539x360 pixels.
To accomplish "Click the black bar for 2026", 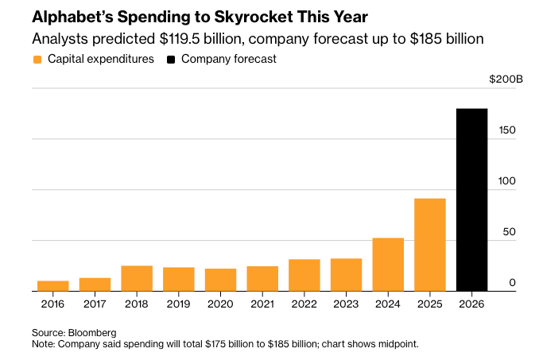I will pos(471,200).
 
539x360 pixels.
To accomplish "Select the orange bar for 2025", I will pos(429,245).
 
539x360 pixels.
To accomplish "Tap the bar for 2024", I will pos(388,265).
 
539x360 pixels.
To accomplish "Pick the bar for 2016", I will pos(53,286).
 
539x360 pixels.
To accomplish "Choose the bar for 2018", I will pos(137,278).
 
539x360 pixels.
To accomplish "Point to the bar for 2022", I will pos(304,275).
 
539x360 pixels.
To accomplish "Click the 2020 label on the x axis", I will pos(220,304).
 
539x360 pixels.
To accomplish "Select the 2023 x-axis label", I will pos(346,304).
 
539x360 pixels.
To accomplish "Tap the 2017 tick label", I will pos(95,304).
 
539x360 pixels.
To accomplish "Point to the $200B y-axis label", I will pos(506,79).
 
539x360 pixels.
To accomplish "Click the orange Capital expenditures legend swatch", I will pos(37,60).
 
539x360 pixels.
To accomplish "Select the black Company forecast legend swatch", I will pos(171,60).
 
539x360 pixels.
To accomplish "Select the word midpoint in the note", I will pos(394,343).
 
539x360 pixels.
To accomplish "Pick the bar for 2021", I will pos(262,278).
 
